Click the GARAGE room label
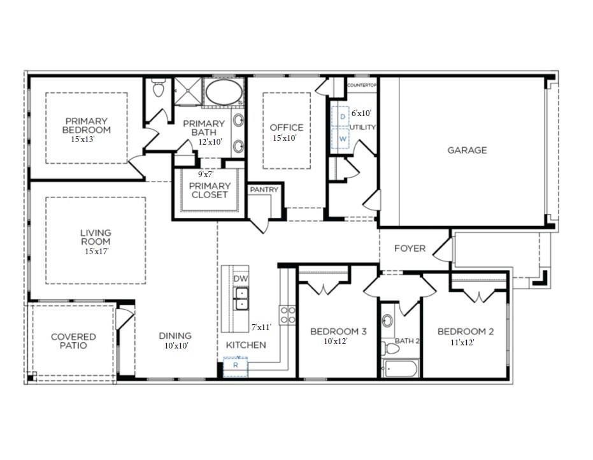coord(467,150)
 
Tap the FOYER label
coord(410,248)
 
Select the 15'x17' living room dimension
coord(96,251)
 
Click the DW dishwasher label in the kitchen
coord(241,279)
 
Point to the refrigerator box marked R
coord(235,366)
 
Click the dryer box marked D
coord(342,117)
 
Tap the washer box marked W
coord(342,138)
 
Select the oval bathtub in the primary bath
coord(223,94)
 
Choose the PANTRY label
coord(264,190)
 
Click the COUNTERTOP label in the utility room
coord(362,85)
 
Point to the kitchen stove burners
coord(287,315)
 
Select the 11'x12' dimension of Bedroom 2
coord(462,342)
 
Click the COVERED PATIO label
coord(74,341)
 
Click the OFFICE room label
coord(287,127)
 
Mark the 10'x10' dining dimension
coord(176,346)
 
